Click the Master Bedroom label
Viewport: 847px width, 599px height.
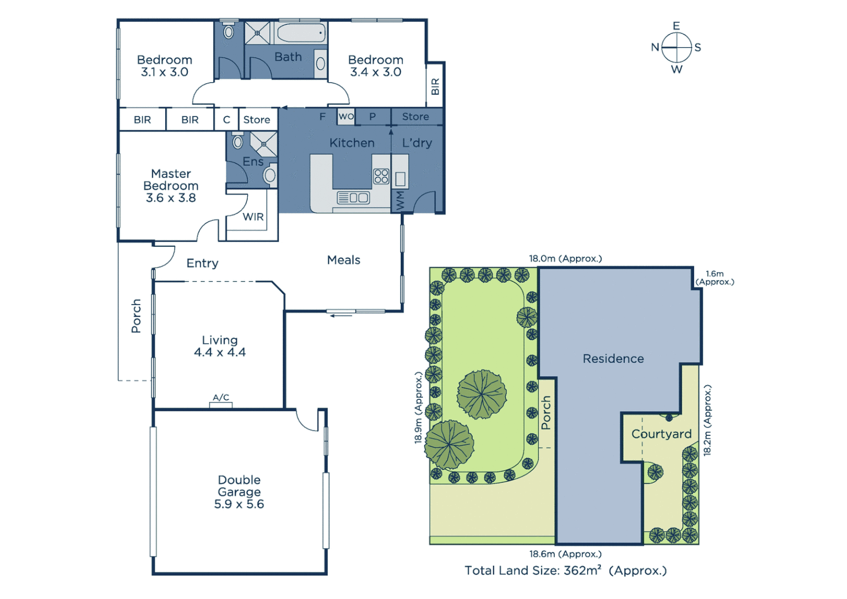click(171, 180)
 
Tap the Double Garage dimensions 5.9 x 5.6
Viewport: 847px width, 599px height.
click(239, 504)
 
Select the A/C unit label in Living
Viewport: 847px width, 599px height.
click(221, 398)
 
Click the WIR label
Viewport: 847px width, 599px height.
click(253, 217)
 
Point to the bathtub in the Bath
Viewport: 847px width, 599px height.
click(300, 33)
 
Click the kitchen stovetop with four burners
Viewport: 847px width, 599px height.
click(381, 176)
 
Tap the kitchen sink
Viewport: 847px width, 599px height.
click(353, 197)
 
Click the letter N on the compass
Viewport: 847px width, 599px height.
click(655, 48)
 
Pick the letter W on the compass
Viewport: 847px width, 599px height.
click(676, 70)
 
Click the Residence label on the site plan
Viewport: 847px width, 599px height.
click(613, 359)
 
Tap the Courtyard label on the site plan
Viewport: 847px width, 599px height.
click(661, 434)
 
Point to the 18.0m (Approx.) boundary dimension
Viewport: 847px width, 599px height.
click(565, 258)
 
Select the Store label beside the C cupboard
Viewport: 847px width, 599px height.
click(257, 120)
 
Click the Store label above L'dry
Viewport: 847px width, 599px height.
click(415, 116)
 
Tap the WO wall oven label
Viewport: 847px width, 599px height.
click(346, 116)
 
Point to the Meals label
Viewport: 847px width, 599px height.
click(344, 260)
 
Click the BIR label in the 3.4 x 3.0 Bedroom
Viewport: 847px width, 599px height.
click(435, 87)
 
